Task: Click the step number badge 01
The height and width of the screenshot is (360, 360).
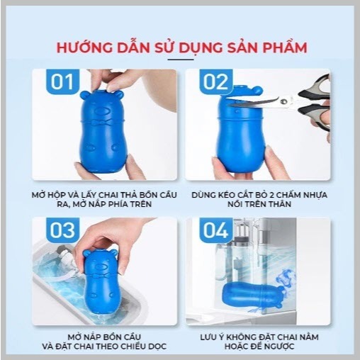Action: click(62, 81)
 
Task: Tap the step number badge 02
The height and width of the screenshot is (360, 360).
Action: click(216, 81)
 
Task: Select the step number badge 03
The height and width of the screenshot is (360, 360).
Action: click(62, 230)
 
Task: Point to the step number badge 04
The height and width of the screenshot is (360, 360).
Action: click(216, 230)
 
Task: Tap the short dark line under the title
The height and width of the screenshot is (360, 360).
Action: click(181, 60)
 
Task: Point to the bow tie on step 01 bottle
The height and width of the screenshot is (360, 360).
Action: click(102, 122)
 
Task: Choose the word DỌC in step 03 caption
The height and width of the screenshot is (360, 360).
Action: click(157, 347)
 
